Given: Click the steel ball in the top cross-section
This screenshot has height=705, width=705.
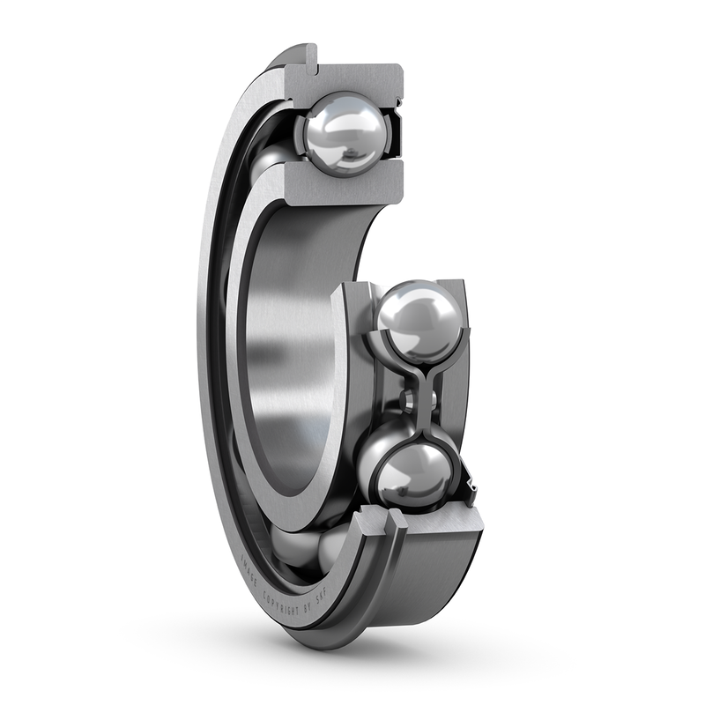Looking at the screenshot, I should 345,133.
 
